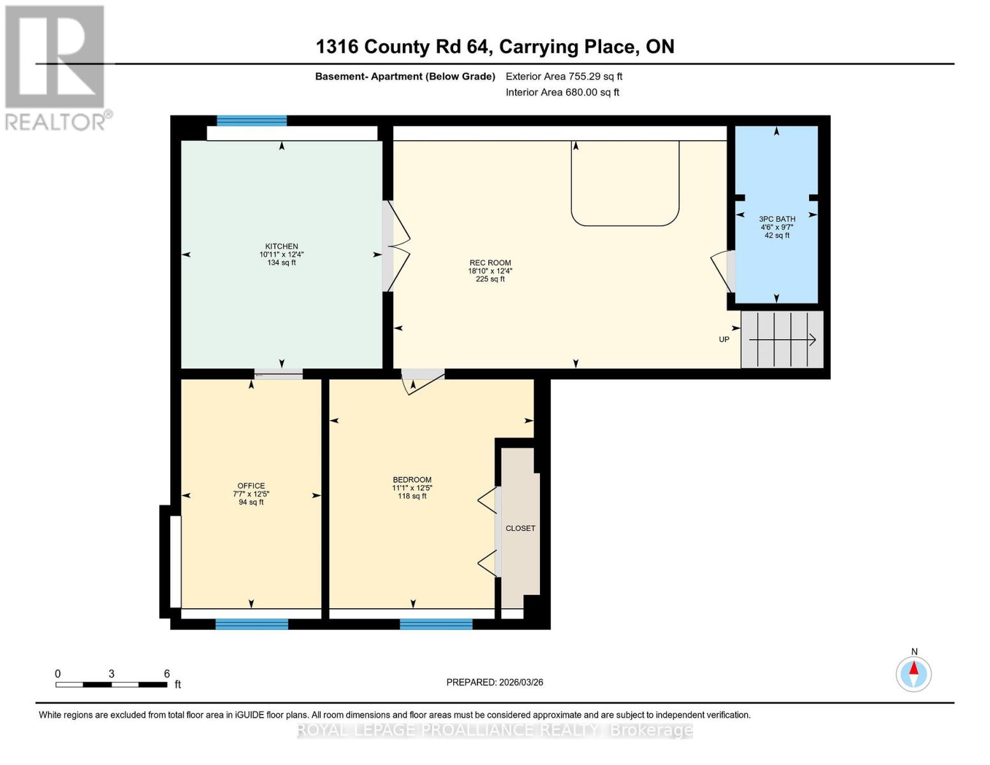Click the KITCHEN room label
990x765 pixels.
pos(282,247)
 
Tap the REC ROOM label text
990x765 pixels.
pos(490,263)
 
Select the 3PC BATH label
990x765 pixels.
pos(777,219)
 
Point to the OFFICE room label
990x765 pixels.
pos(251,486)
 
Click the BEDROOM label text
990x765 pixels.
pos(412,480)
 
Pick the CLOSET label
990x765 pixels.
pos(520,528)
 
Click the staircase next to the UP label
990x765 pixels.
pos(782,340)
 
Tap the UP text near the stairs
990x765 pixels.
pos(724,340)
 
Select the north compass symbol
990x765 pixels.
pos(914,673)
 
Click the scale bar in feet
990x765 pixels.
pos(112,685)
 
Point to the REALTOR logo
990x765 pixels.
pos(56,67)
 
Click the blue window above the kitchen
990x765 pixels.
pos(252,120)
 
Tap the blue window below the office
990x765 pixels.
pos(252,624)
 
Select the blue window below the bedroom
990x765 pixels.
pos(436,624)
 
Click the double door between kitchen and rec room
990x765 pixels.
pos(395,247)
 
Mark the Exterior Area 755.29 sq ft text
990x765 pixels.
pos(564,76)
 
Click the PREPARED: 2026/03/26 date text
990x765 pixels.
pos(495,682)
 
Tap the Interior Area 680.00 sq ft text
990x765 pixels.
pos(562,92)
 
